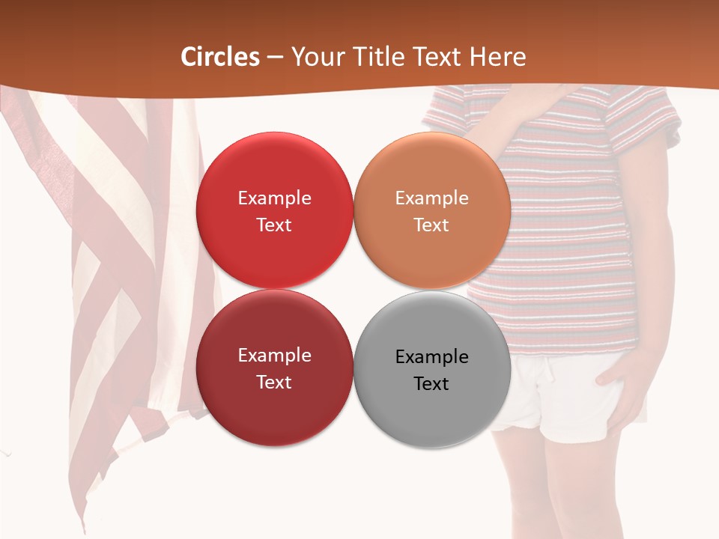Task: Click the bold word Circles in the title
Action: point(220,57)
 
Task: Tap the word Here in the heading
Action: point(497,57)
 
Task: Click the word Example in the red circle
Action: point(274,198)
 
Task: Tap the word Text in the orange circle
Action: point(431,225)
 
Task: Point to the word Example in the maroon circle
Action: point(274,356)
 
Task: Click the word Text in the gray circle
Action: point(431,383)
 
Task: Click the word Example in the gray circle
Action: point(431,357)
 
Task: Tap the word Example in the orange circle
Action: point(431,198)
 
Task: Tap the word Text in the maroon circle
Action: point(274,382)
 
